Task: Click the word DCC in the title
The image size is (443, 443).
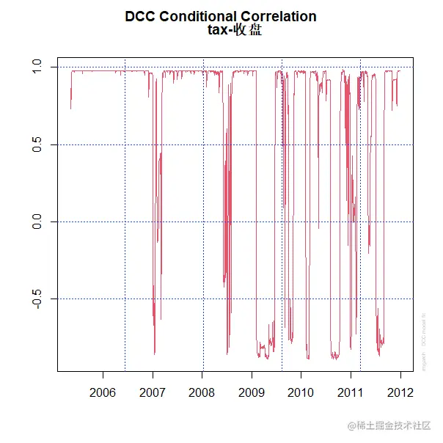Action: point(141,16)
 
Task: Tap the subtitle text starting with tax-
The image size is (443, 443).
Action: point(235,31)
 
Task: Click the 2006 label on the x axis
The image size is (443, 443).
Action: point(103,392)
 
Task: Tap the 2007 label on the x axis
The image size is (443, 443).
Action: point(153,392)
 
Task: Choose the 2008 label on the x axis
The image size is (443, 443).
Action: point(202,392)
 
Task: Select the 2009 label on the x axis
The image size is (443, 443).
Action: point(252,392)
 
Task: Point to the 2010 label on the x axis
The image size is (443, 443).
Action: point(301,392)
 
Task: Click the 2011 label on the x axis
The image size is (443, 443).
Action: point(351,392)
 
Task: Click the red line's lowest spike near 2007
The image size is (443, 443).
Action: point(155,354)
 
